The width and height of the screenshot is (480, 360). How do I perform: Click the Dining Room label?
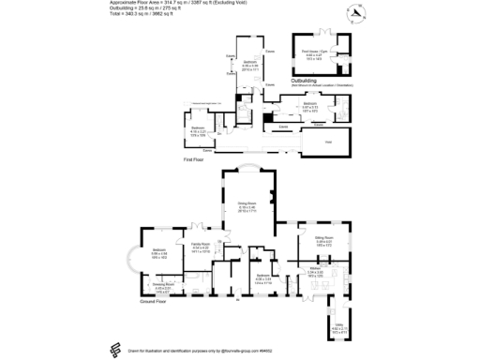(247, 202)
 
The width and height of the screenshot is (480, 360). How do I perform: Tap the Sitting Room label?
(325, 239)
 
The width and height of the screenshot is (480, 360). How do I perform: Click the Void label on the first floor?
(327, 142)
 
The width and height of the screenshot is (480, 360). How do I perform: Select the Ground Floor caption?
(153, 301)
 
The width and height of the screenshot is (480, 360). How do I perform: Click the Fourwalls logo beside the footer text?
(113, 348)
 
